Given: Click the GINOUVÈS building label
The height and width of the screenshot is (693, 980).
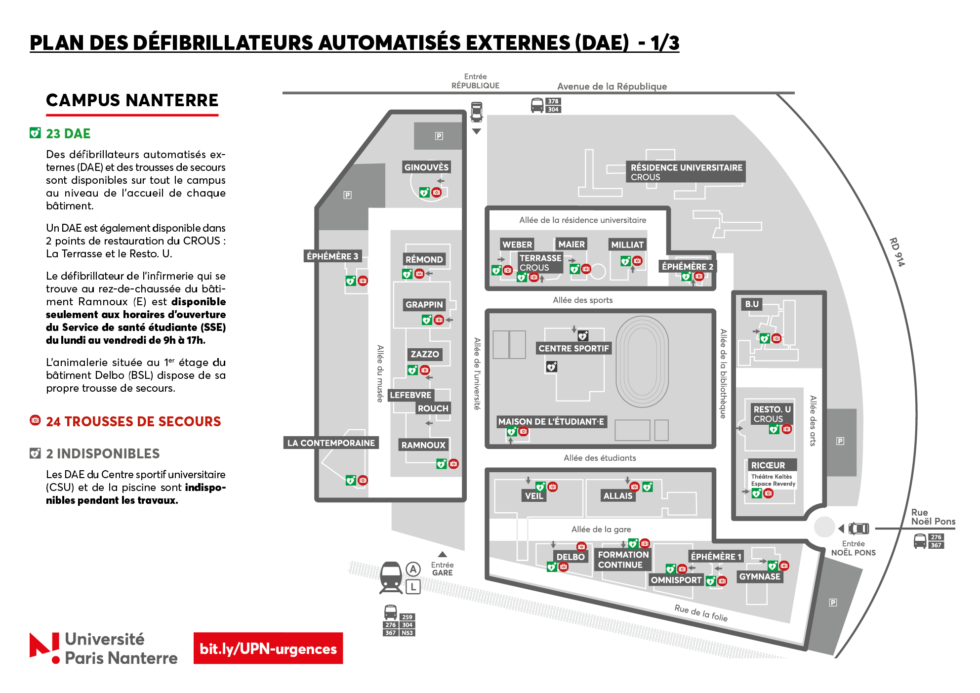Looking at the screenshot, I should [x=426, y=167].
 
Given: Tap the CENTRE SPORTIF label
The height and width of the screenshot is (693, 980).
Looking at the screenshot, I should [x=573, y=348].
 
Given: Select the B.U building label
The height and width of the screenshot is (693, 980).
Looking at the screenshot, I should [x=751, y=304].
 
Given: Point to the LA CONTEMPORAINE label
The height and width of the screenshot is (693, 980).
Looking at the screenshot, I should [x=331, y=443].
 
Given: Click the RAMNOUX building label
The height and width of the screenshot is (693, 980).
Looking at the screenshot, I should [x=423, y=445].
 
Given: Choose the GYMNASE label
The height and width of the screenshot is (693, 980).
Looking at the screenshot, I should [x=760, y=576].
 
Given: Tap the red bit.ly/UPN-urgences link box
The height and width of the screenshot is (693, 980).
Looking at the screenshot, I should [x=268, y=648].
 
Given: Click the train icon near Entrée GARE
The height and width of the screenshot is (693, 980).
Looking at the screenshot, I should [x=391, y=577].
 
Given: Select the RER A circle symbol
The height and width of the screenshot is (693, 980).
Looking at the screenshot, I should [x=413, y=570].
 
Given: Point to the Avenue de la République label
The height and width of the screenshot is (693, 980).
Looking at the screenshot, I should [x=612, y=86].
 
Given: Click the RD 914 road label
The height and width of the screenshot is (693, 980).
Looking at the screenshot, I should [x=897, y=252].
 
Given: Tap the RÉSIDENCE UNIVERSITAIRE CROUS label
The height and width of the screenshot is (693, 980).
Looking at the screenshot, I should [x=686, y=172].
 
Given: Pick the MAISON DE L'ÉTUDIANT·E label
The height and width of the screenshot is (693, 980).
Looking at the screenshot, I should [x=551, y=421].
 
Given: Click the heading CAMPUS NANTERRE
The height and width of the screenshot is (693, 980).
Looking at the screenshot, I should [x=132, y=100].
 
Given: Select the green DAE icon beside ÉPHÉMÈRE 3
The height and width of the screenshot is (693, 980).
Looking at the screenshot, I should [x=351, y=281].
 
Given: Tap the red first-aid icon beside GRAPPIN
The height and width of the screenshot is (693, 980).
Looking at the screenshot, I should [x=439, y=320].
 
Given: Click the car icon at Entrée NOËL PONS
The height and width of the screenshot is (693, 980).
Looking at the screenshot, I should [x=859, y=529].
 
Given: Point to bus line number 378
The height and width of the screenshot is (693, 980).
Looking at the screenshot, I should [x=553, y=101].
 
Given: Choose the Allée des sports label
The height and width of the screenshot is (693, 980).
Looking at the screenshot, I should [x=582, y=300].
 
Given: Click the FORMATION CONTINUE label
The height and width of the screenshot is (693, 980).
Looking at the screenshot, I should [x=623, y=560].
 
